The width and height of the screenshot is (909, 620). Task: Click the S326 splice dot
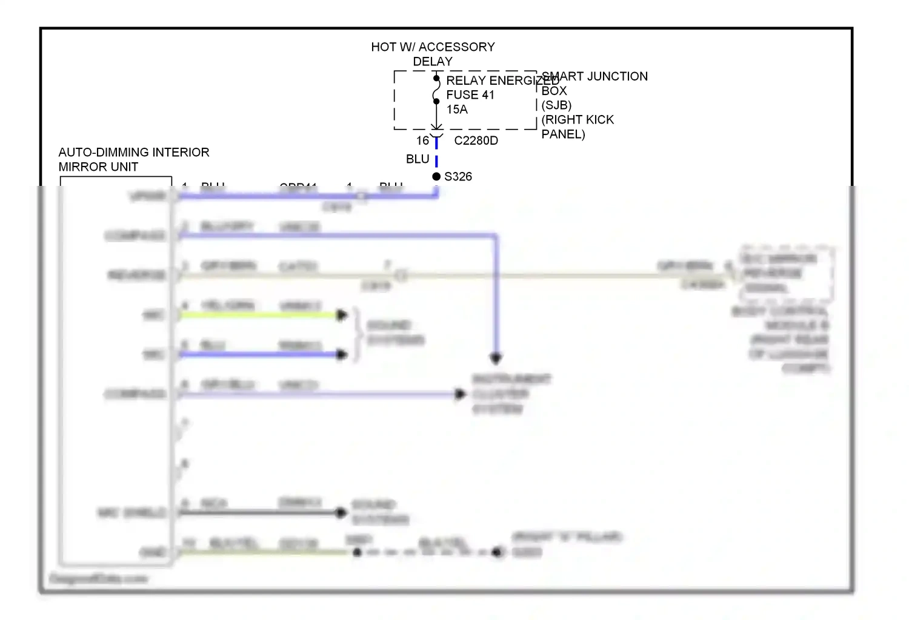(436, 177)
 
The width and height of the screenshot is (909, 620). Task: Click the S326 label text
(458, 177)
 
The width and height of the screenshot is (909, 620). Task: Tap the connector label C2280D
(476, 140)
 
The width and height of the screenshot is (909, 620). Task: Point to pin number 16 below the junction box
(422, 140)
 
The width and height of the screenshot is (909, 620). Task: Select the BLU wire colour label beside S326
(418, 159)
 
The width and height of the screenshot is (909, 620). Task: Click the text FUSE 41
(470, 95)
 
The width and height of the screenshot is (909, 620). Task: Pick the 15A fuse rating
(457, 110)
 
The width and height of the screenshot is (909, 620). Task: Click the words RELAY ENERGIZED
(492, 81)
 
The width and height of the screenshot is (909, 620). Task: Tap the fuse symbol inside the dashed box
(436, 90)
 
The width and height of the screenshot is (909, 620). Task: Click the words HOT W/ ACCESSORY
(433, 47)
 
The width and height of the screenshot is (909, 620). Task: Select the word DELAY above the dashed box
(433, 62)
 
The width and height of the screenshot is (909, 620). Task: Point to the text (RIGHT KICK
(578, 120)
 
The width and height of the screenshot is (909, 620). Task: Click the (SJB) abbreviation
(556, 105)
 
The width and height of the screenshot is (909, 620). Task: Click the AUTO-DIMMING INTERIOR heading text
(134, 153)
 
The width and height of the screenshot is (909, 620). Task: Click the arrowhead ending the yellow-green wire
(342, 315)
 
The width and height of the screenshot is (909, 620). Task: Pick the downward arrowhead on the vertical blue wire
(496, 358)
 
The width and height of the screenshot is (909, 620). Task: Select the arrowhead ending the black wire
(342, 513)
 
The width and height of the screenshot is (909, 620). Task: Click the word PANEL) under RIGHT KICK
(563, 134)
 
